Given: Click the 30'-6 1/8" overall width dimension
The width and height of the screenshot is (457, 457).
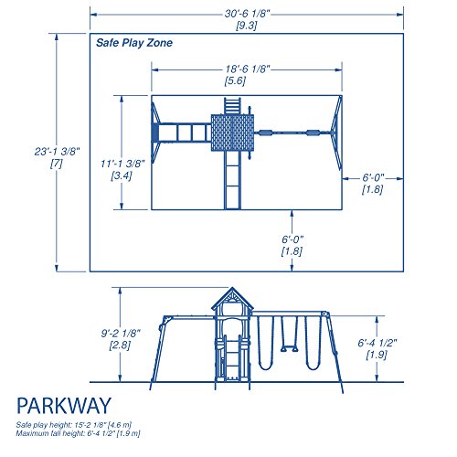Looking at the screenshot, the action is click(x=248, y=14).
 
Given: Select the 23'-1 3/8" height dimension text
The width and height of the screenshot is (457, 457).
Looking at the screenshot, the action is click(x=57, y=152).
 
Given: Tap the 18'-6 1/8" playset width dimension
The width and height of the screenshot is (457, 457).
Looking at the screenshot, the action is click(x=248, y=69).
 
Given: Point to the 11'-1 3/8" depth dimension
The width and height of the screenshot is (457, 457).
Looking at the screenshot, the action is click(x=122, y=164).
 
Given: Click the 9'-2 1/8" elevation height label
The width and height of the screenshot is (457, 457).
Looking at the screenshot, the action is click(x=121, y=334).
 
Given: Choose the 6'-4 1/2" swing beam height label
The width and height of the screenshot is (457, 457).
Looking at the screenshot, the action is click(x=377, y=343).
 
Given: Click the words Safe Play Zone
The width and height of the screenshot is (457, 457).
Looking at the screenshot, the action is click(x=134, y=43).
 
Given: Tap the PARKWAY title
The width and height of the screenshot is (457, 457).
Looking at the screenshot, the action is click(x=64, y=406).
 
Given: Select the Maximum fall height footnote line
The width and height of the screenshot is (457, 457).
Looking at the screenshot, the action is click(x=78, y=433).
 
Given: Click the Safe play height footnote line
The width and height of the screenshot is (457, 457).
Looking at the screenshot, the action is click(x=74, y=425).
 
